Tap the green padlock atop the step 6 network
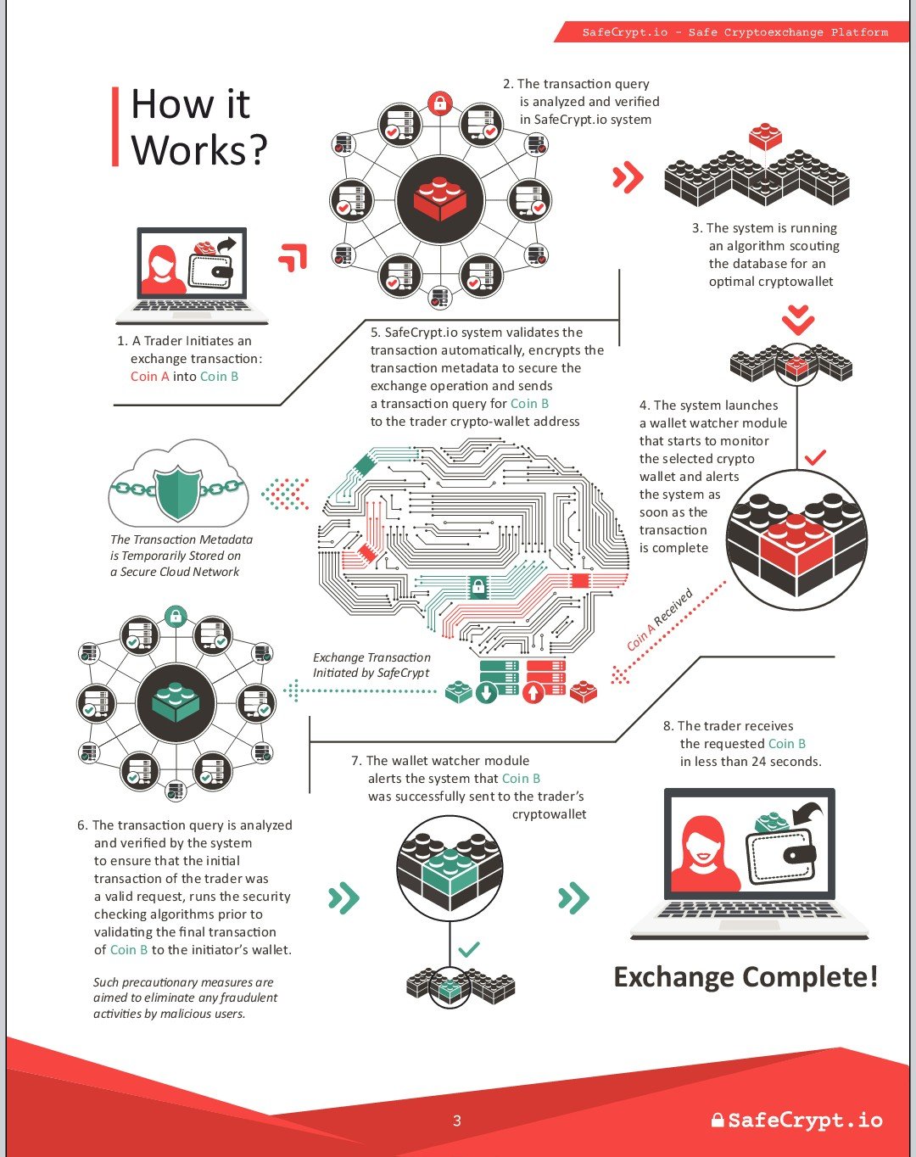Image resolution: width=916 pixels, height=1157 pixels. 176,617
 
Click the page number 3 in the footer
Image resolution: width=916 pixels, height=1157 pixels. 457,1120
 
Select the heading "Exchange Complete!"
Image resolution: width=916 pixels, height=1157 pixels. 746,976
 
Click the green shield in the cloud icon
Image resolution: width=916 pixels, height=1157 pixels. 177,493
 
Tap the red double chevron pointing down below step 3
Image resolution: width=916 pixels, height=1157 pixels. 798,321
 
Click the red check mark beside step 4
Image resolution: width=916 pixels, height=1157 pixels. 815,457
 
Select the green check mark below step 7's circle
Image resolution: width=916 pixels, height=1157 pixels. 469,949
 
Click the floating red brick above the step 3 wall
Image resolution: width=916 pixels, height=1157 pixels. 765,136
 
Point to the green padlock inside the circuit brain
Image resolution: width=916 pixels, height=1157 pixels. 478,585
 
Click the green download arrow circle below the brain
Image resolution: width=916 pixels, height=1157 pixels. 487,692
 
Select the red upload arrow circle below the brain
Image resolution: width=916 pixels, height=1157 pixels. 533,692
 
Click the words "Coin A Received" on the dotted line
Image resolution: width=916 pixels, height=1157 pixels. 660,620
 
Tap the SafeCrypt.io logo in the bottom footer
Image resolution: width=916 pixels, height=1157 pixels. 796,1120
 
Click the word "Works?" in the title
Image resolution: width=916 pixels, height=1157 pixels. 199,149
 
